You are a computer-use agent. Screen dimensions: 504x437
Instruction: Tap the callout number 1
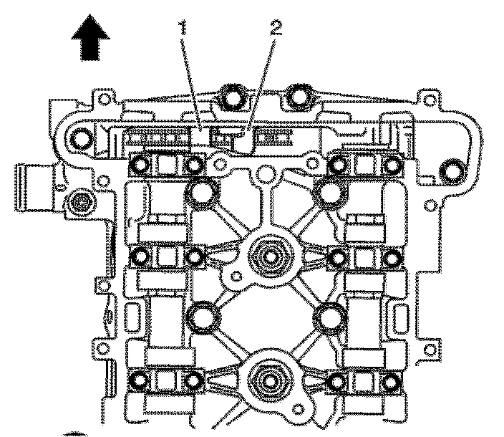(185, 29)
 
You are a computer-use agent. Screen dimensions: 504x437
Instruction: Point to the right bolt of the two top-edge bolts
(298, 97)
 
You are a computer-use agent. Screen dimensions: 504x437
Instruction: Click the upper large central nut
(271, 255)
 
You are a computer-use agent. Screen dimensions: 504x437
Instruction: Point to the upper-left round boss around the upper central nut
(203, 192)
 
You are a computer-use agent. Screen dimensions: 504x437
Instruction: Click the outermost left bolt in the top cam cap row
(140, 166)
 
